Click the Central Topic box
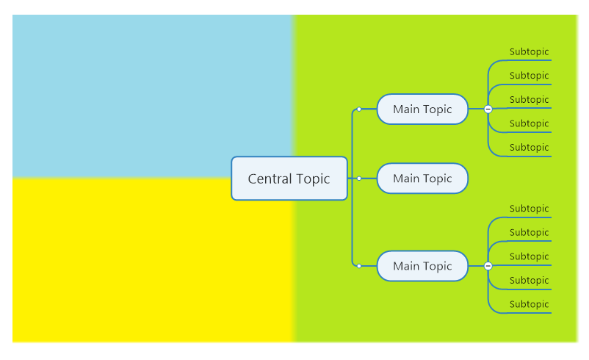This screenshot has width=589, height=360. [289, 179]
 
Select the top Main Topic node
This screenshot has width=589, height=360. [422, 109]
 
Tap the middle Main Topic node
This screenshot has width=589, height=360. [422, 179]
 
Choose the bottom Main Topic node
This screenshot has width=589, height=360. [422, 266]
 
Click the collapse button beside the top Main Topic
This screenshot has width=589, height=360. [488, 109]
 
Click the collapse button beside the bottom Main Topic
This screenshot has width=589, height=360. [488, 266]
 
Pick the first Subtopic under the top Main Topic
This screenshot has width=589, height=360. [529, 52]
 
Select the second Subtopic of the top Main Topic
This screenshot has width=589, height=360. [529, 76]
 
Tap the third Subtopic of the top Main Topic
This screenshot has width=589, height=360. [529, 100]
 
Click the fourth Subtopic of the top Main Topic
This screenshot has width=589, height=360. [529, 123]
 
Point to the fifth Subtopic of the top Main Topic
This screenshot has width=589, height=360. [529, 148]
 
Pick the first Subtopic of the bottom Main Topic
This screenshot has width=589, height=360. [529, 209]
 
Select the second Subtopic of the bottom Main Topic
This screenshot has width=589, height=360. [529, 233]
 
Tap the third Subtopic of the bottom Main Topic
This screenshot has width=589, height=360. [529, 256]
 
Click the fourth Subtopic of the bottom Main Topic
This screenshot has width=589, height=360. [529, 281]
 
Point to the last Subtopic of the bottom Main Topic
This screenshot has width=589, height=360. [529, 304]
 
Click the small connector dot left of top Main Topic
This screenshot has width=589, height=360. [359, 109]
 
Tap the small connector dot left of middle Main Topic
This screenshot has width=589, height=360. [359, 179]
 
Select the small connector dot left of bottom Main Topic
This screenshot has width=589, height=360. [359, 266]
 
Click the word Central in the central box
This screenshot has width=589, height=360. [270, 179]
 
